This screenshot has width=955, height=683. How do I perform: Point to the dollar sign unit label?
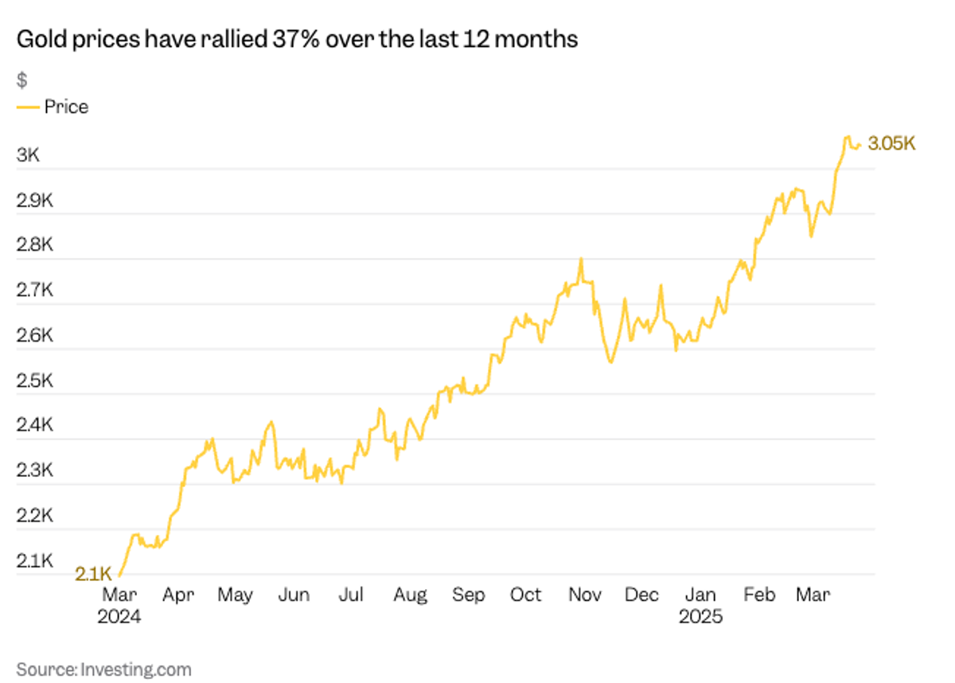21,80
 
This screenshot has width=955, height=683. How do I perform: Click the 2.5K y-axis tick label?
34,381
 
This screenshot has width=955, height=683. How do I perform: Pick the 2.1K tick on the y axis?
34,561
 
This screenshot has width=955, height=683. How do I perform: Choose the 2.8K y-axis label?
34,245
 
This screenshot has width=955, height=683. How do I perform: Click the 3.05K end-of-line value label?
892,144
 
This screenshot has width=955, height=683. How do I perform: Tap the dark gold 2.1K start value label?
92,574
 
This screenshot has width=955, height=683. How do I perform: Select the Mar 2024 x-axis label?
120,606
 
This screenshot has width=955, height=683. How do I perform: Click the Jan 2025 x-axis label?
700,606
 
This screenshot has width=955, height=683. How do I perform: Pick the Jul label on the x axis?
351,595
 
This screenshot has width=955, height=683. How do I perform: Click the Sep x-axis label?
468,595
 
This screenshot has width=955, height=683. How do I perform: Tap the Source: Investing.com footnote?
103,669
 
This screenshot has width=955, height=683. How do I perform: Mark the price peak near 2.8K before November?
581,259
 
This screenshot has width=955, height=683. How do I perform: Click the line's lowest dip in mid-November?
610,363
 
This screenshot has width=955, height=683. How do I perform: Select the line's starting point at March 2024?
119,575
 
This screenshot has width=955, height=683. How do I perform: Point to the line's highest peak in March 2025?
847,137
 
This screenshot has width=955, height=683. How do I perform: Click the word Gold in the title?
41,40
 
